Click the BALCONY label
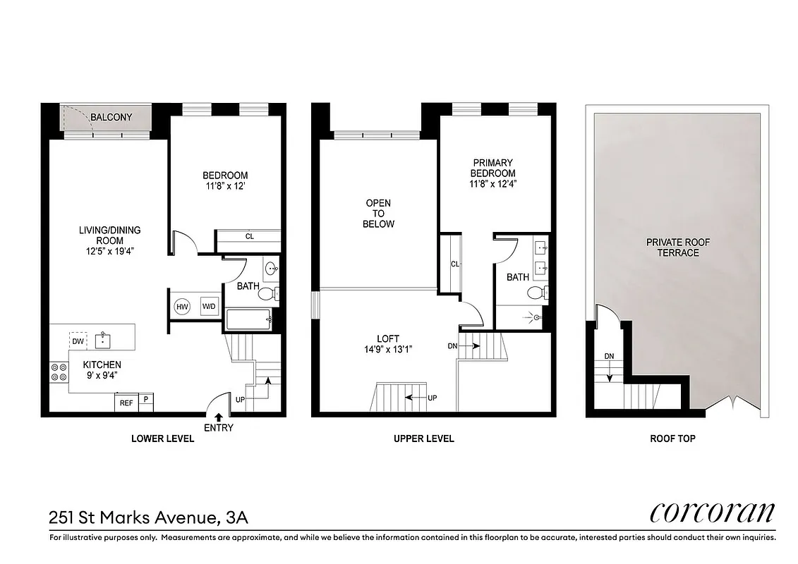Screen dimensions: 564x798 pos(111,117)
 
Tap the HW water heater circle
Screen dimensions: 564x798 pos(182,307)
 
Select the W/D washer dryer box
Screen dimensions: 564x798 pos(209,307)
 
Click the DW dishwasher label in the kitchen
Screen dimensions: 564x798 pos(78,341)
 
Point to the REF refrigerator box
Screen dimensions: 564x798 pos(126,403)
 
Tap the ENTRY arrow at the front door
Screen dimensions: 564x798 pos(218,417)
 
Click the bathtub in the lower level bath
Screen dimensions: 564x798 pos(248,321)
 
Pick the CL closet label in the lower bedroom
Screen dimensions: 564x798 pos(249,237)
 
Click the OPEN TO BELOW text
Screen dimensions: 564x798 pos(378,214)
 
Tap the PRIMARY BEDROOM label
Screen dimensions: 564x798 pos(492,168)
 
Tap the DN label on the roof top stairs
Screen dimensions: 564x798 pos(609,356)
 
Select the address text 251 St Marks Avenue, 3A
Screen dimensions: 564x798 pos(148,519)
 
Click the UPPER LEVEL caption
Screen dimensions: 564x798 pos(423,439)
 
